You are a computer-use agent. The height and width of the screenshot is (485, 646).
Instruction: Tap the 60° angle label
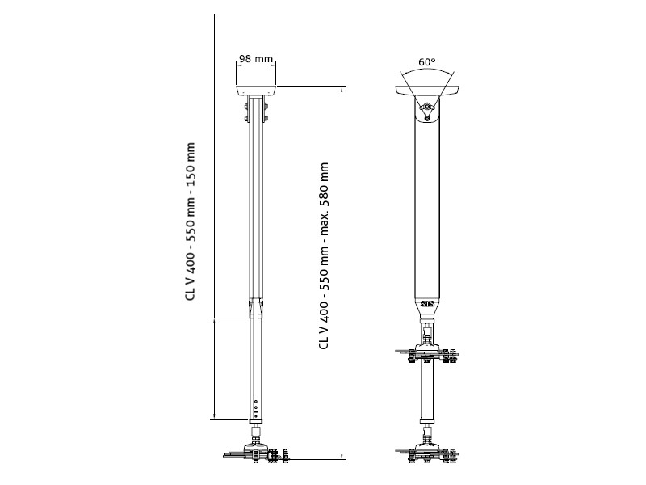click(427, 61)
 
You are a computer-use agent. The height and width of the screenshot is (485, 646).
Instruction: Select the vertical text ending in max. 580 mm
click(324, 255)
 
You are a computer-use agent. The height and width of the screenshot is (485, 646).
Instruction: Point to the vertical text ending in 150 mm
click(191, 221)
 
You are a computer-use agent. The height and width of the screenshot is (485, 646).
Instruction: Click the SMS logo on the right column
click(428, 305)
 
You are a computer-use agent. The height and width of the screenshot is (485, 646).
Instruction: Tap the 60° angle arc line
click(427, 71)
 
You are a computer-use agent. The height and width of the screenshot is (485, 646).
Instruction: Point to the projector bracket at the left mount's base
click(256, 453)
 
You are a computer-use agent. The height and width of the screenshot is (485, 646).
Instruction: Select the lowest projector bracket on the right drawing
click(427, 453)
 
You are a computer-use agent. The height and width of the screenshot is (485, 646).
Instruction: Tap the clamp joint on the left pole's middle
click(256, 304)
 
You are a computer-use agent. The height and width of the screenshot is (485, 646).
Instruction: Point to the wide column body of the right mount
click(427, 210)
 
